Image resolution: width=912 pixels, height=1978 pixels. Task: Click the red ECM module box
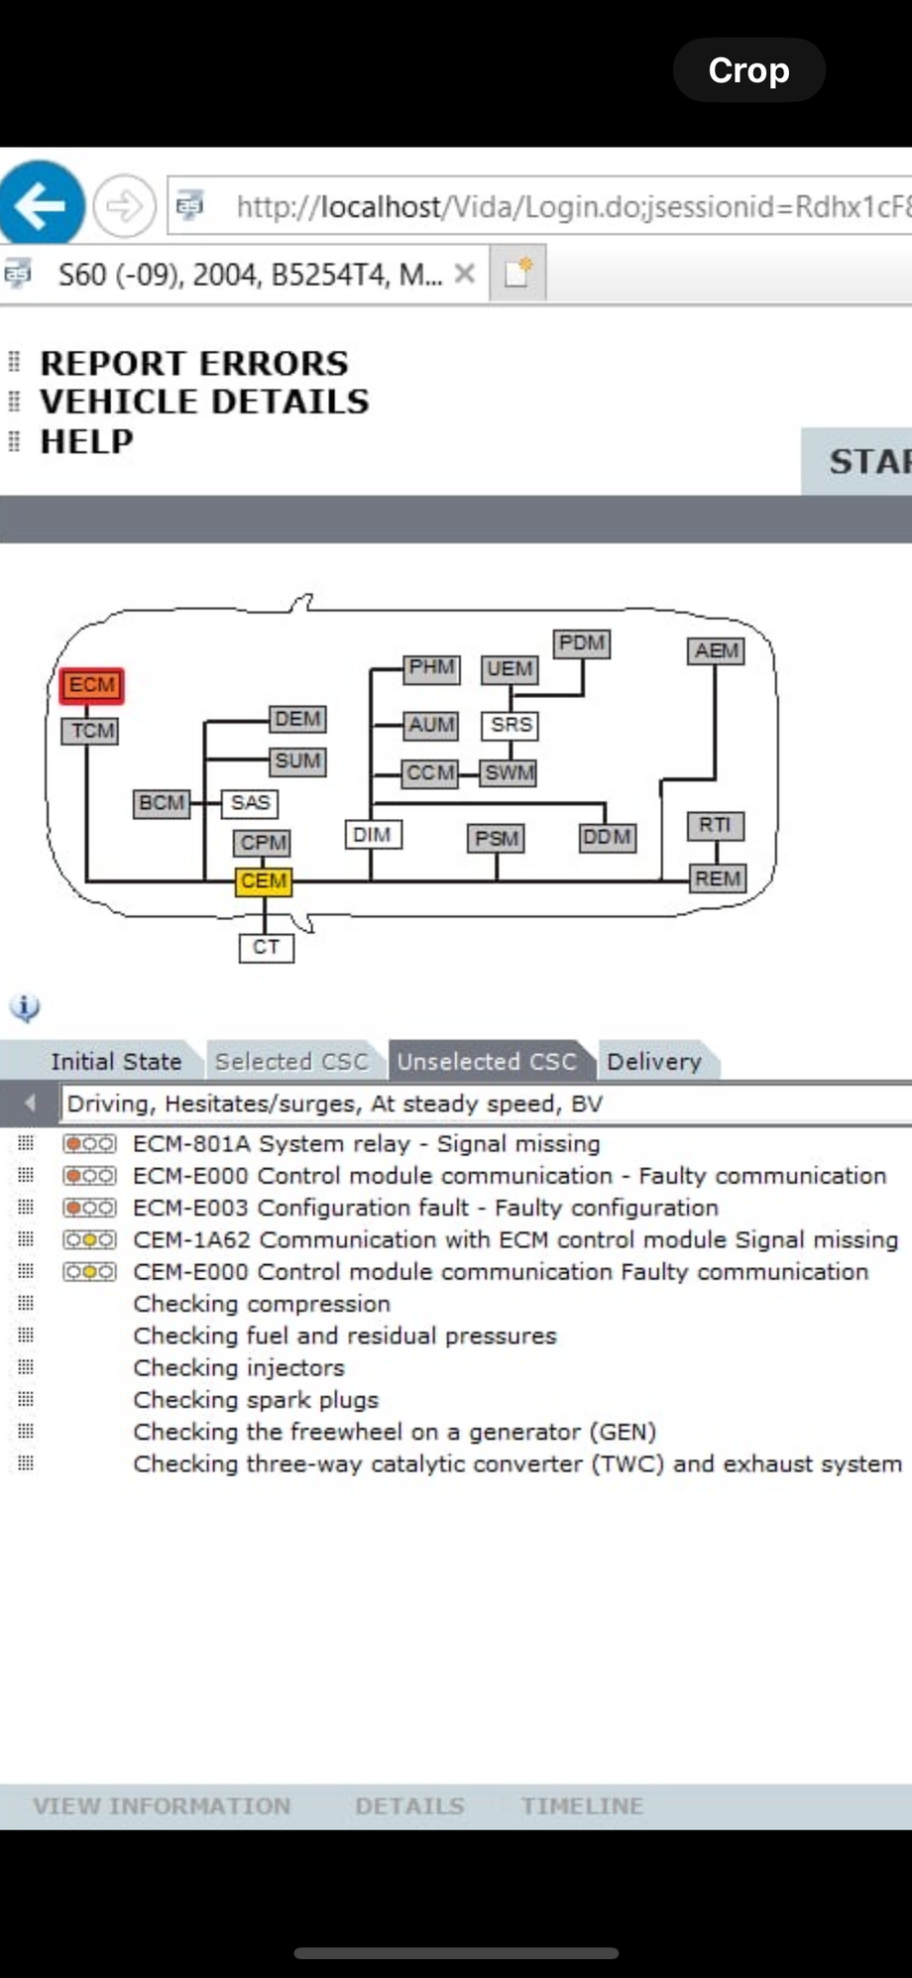pyautogui.click(x=92, y=685)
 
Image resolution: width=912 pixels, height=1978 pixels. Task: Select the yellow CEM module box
pyautogui.click(x=264, y=880)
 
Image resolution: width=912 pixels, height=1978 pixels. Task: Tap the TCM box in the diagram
pyautogui.click(x=93, y=731)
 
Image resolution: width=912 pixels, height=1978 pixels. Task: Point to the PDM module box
pyautogui.click(x=582, y=642)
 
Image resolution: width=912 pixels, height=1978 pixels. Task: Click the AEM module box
pyautogui.click(x=716, y=650)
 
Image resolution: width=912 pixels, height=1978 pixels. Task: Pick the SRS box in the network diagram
pyautogui.click(x=512, y=725)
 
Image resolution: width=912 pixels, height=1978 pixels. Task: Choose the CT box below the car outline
pyautogui.click(x=266, y=947)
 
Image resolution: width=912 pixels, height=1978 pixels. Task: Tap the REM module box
pyautogui.click(x=717, y=878)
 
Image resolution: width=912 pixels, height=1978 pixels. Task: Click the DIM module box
pyautogui.click(x=372, y=835)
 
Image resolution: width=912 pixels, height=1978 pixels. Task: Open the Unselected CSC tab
pyautogui.click(x=487, y=1061)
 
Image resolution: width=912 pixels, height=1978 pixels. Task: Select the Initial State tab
pyautogui.click(x=116, y=1061)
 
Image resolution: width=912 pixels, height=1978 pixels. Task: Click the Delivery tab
pyautogui.click(x=654, y=1061)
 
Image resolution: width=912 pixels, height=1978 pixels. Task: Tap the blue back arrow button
pyautogui.click(x=41, y=206)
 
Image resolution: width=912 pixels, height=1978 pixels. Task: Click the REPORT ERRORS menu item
pyautogui.click(x=194, y=364)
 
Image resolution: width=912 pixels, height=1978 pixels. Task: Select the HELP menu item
pyautogui.click(x=86, y=441)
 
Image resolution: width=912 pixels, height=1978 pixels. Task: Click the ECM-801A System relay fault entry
pyautogui.click(x=366, y=1143)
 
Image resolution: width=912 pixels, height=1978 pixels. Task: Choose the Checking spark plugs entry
pyautogui.click(x=256, y=1400)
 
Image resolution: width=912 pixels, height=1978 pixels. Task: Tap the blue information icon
pyautogui.click(x=25, y=1007)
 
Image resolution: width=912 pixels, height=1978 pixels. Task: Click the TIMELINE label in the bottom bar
pyautogui.click(x=582, y=1805)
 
